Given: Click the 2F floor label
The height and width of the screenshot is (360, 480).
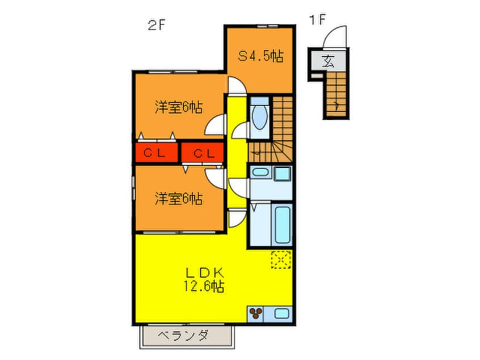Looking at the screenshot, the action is [x=156, y=25].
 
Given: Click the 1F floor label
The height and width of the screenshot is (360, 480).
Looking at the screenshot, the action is [x=317, y=20].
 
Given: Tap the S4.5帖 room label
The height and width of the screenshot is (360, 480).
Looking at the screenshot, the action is [x=261, y=56].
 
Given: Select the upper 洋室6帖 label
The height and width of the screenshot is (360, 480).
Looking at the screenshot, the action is [x=179, y=107].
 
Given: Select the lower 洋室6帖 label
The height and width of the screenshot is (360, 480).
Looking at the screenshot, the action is [x=179, y=199].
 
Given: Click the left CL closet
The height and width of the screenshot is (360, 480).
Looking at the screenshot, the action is [x=157, y=152].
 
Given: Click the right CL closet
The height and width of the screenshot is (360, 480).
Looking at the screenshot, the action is [x=203, y=152].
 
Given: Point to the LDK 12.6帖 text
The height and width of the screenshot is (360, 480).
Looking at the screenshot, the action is [x=204, y=279].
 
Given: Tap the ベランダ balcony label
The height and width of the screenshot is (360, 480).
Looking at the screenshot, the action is [x=183, y=336].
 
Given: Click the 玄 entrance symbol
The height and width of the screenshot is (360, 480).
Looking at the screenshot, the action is [x=328, y=61].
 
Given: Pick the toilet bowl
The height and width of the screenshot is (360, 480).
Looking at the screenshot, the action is [x=260, y=117].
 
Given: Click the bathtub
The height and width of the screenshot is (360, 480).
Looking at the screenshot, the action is [x=282, y=224].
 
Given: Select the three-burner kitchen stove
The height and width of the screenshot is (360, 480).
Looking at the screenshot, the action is [x=255, y=314].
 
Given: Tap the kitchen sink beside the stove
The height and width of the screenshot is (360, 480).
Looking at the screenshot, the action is [x=281, y=314].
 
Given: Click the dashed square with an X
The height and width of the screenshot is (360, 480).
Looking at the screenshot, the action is [x=281, y=259].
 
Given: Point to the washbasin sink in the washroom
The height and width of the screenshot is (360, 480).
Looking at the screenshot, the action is [x=260, y=172].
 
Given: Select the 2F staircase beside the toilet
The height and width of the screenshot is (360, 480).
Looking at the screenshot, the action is [x=276, y=129].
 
